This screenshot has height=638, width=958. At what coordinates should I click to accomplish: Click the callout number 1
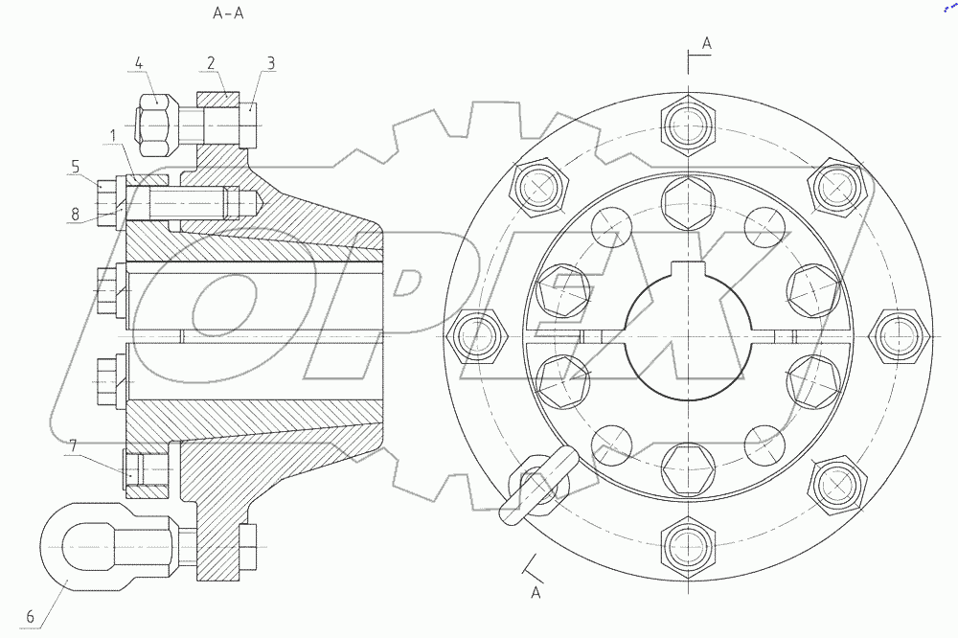click(x=112, y=135)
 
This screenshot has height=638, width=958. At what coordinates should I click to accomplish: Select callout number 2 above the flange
click(x=211, y=63)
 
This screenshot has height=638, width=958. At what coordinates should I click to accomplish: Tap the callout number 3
click(x=271, y=63)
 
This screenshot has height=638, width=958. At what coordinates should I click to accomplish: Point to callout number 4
click(x=139, y=63)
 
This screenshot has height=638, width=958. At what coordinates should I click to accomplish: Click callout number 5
click(x=75, y=167)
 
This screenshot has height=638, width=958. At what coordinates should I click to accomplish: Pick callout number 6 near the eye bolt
click(x=30, y=617)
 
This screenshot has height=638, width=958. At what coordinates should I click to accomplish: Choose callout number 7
click(x=74, y=446)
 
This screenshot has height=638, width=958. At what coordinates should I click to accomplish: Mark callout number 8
click(x=75, y=214)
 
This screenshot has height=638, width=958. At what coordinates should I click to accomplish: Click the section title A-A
click(x=228, y=12)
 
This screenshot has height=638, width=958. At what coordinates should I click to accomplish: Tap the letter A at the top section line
click(x=707, y=43)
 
